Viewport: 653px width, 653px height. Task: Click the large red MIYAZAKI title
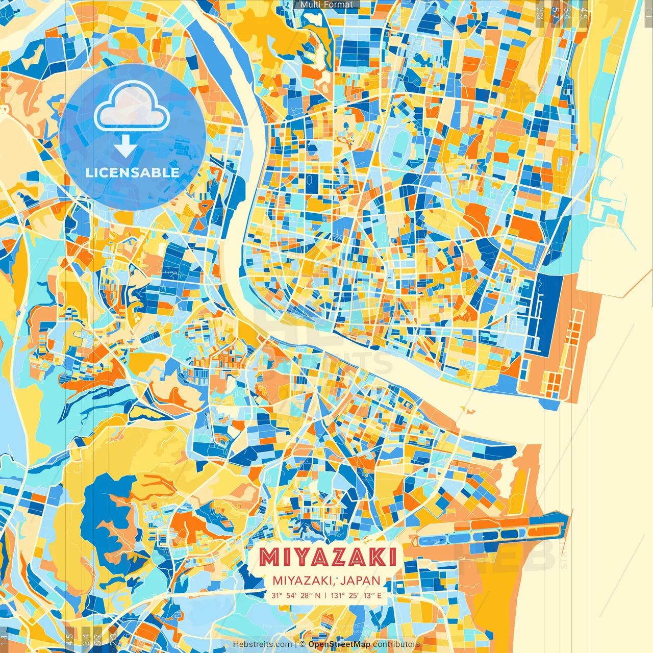pos(327,557)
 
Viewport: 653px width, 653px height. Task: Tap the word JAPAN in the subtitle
pos(361,581)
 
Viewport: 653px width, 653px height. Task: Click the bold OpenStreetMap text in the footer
pos(339,644)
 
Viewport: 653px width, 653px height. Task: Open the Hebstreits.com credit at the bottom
pos(262,644)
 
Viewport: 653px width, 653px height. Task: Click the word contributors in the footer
pos(396,644)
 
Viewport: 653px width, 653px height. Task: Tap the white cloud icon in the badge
pos(132,107)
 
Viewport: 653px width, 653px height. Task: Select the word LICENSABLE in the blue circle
pos(132,172)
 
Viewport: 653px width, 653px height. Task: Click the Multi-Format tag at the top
pos(326,5)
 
